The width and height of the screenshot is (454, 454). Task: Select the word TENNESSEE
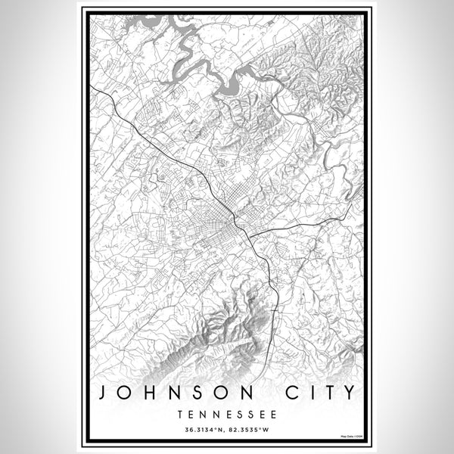click(x=228, y=415)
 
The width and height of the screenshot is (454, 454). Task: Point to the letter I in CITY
click(x=306, y=393)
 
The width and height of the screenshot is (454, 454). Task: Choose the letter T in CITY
click(x=325, y=393)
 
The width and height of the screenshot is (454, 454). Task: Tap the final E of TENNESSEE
click(x=274, y=415)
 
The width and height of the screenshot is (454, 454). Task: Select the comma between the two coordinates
click(x=225, y=432)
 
